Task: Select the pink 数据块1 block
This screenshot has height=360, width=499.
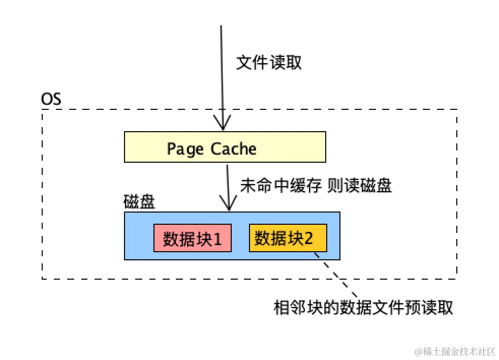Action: (x=193, y=238)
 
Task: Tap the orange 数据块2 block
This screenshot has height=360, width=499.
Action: (x=287, y=237)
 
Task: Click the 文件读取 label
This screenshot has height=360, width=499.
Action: (x=269, y=63)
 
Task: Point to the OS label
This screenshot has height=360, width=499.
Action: (x=51, y=99)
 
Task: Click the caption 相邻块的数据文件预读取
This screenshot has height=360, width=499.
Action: (x=363, y=308)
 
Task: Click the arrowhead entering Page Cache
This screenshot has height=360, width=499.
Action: (x=222, y=125)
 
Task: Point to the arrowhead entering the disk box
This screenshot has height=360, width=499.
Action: (x=229, y=205)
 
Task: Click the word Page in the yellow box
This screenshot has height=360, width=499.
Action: (x=185, y=149)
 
